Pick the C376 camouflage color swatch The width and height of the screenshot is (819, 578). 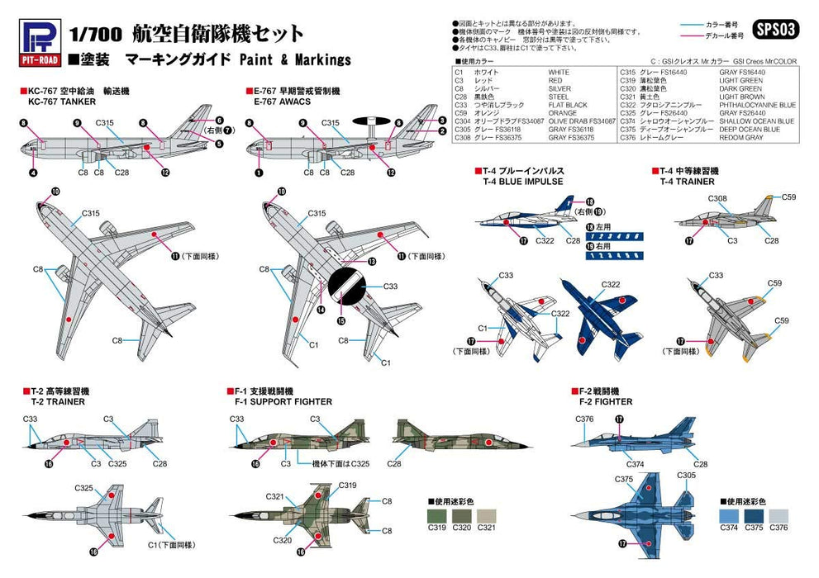(x=778, y=515)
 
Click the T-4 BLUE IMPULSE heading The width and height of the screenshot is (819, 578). (x=517, y=181)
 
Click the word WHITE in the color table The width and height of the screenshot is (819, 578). (x=559, y=73)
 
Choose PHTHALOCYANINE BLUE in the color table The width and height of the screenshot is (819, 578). (x=757, y=105)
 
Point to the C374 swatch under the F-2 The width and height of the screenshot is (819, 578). (x=728, y=515)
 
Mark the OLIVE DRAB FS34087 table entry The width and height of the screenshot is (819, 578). (x=577, y=121)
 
